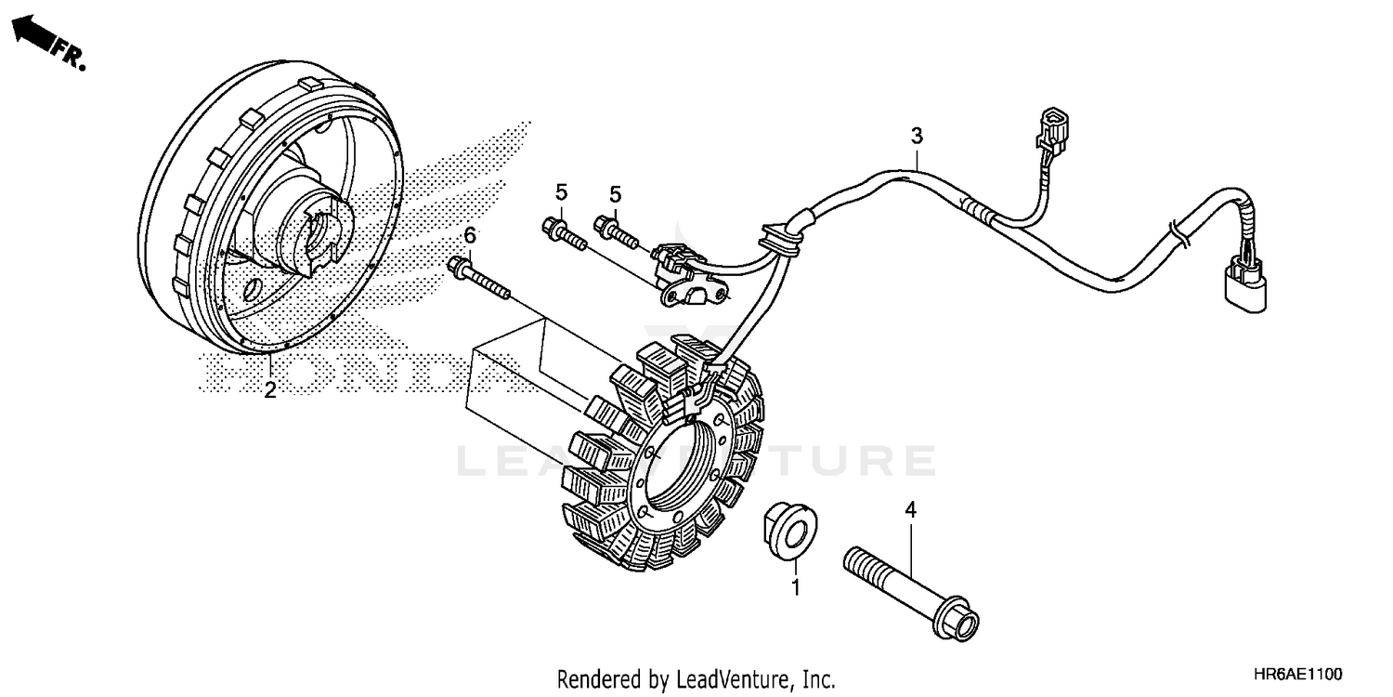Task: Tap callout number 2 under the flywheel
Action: [269, 390]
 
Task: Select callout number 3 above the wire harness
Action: [917, 136]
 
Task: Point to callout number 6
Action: [470, 234]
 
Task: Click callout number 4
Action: [911, 509]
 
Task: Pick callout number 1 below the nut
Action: [795, 587]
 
